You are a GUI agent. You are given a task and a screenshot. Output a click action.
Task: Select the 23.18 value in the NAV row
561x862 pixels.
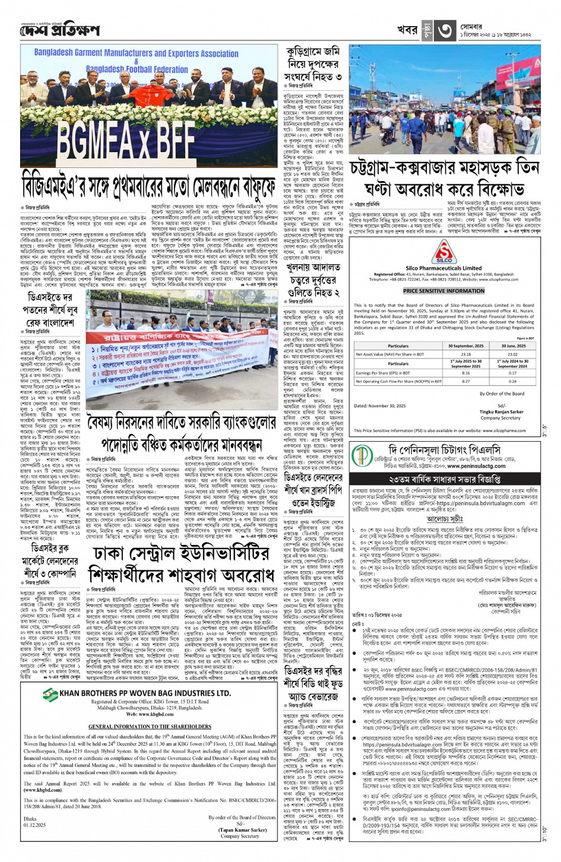coord(466,354)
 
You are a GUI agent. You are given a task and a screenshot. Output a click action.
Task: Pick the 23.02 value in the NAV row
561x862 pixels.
coord(513,354)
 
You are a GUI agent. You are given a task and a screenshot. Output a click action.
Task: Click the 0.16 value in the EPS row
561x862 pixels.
coord(466,373)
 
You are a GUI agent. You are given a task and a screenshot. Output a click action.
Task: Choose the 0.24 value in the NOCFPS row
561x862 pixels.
coord(513,382)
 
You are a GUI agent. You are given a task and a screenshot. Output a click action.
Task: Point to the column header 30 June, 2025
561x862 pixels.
coord(513,346)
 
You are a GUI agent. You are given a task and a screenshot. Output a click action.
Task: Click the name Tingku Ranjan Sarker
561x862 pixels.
coord(502,411)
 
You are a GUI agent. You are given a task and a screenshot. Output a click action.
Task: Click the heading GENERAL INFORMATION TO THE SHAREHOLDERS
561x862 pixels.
coord(150,727)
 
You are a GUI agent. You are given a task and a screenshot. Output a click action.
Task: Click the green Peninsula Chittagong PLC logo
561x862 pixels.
coord(360,455)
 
